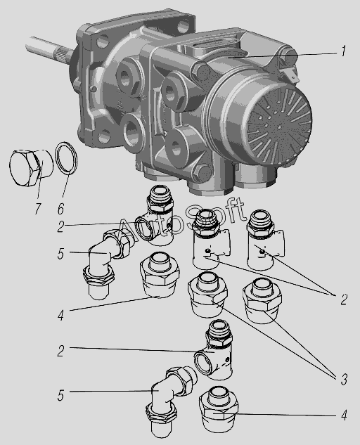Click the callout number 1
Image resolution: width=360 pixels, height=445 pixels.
(343, 51)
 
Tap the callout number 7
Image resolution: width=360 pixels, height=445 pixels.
(38, 209)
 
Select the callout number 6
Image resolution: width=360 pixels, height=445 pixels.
(60, 209)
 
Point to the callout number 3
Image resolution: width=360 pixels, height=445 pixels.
(344, 379)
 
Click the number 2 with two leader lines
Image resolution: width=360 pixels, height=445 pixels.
(344, 299)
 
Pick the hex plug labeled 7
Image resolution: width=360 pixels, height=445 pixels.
(31, 168)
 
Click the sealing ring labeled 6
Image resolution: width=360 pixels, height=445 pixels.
(67, 157)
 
